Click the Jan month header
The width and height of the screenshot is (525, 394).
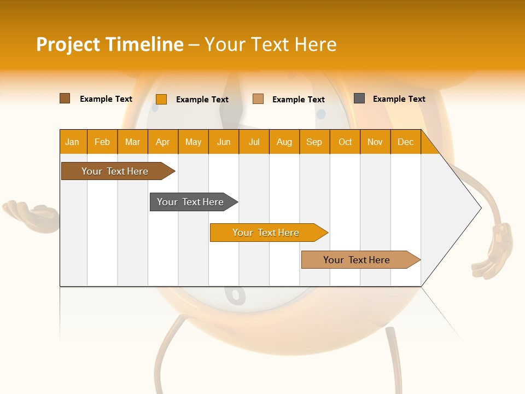(x=73, y=142)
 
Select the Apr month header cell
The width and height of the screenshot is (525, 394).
(x=163, y=142)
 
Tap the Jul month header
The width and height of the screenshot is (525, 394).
(x=254, y=142)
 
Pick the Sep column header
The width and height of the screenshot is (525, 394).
(x=314, y=142)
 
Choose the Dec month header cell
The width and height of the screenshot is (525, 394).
(x=405, y=142)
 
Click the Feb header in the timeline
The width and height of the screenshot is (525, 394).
(x=102, y=142)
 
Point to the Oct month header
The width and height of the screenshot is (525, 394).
(x=345, y=142)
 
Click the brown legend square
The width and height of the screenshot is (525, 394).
(x=65, y=99)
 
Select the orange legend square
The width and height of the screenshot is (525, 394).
(x=161, y=99)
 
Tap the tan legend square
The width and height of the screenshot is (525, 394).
(x=258, y=99)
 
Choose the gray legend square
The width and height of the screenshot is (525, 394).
(x=359, y=99)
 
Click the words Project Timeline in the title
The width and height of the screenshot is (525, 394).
(x=109, y=44)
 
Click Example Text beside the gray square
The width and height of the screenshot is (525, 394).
(x=399, y=99)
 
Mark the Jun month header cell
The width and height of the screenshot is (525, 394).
(x=224, y=142)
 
